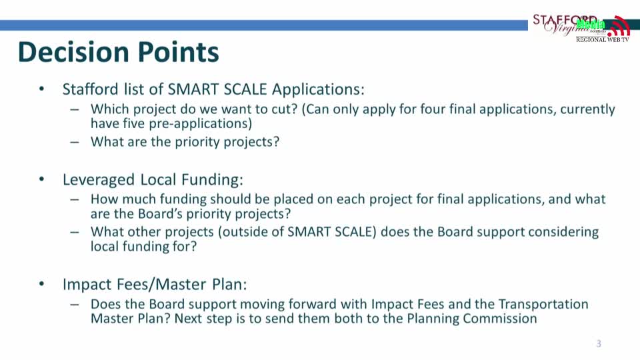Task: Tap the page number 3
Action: point(599,344)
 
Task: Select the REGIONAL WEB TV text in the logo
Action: point(603,39)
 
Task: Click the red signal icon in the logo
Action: point(619,26)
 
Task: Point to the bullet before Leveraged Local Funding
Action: point(41,179)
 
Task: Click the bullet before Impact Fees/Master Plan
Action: point(41,283)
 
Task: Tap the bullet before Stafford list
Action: point(41,88)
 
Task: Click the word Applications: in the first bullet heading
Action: point(318,89)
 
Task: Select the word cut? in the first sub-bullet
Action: point(284,109)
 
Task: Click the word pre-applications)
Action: point(200,124)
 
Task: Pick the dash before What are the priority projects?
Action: point(74,142)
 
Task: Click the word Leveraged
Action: point(99,180)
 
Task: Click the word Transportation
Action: point(543,305)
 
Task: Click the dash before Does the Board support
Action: point(74,305)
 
